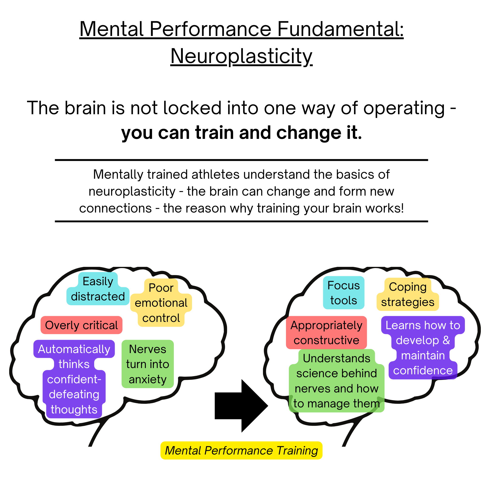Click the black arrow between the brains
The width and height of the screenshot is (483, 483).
tap(241, 405)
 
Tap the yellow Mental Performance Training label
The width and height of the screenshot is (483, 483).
tap(241, 450)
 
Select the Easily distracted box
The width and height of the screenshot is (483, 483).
tap(98, 289)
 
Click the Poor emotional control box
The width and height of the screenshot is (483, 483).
tap(161, 303)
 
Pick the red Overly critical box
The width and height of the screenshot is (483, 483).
tap(81, 325)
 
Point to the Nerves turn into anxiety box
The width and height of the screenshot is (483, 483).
tap(148, 364)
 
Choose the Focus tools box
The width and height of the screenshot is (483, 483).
tap(343, 292)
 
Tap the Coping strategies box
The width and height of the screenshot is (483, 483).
tap(408, 294)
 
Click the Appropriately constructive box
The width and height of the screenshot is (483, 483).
tap(326, 333)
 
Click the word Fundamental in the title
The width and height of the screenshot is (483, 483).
tap(340, 29)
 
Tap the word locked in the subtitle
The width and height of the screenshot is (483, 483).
tap(192, 108)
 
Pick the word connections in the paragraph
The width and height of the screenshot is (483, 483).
tap(115, 208)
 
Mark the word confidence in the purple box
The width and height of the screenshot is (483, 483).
tap(423, 370)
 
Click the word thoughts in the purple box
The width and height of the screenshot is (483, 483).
tap(74, 409)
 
